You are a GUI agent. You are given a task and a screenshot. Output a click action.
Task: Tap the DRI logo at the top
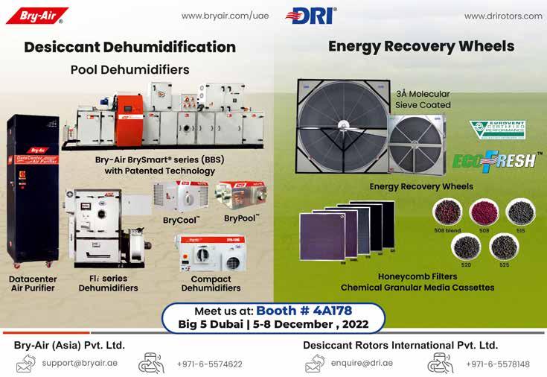click(310, 16)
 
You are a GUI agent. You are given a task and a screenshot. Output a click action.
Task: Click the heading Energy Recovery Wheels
click(421, 46)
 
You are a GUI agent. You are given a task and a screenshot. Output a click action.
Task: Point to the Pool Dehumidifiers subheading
click(129, 70)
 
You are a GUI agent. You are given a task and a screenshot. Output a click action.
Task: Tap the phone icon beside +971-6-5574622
click(150, 363)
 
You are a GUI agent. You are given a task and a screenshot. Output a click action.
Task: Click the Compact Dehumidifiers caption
click(211, 283)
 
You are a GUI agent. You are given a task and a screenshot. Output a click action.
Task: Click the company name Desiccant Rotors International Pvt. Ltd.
click(400, 346)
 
